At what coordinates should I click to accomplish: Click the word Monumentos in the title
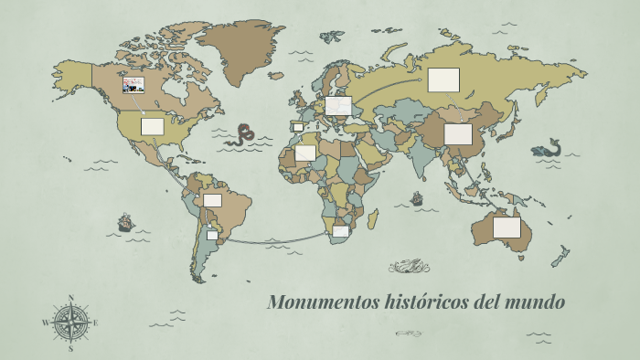(310, 302)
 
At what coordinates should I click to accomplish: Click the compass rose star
(70, 322)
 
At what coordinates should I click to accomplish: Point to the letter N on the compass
(70, 297)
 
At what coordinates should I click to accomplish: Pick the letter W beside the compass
(46, 323)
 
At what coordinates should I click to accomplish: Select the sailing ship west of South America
(125, 222)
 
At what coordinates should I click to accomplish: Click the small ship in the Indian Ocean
(417, 198)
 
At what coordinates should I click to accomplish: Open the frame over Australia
(507, 227)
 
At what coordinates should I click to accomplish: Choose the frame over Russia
(443, 79)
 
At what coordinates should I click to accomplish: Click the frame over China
(458, 134)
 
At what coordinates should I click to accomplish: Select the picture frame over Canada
(133, 85)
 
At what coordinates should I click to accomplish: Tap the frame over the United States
(152, 126)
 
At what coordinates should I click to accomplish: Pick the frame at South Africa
(340, 231)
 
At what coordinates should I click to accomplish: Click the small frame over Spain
(296, 127)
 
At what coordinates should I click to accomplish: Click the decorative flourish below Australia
(409, 267)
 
